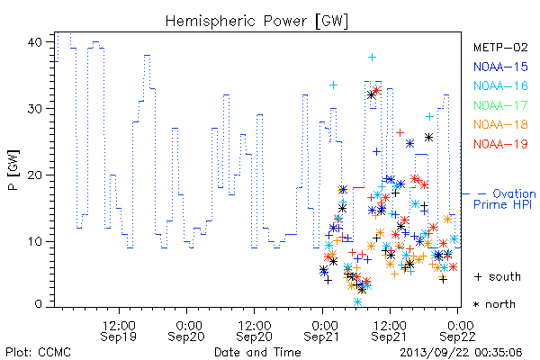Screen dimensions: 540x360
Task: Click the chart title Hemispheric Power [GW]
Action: tap(256, 22)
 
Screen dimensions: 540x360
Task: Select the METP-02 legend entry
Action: tap(500, 47)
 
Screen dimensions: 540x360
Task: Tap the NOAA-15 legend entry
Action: tap(500, 67)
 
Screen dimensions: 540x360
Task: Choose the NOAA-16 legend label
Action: tap(500, 85)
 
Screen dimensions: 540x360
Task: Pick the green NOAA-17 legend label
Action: tap(500, 105)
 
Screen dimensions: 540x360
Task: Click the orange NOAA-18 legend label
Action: tap(500, 124)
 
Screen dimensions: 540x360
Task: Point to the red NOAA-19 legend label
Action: tap(500, 144)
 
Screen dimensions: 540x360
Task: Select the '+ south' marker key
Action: tap(498, 276)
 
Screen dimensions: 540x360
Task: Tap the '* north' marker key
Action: tap(494, 304)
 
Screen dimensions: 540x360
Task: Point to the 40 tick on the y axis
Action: tap(34, 42)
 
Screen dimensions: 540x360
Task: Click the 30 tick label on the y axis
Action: tap(34, 109)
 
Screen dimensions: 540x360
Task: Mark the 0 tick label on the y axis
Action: tap(38, 304)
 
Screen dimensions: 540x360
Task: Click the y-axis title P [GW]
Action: tap(13, 170)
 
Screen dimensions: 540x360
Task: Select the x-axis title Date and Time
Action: tap(257, 352)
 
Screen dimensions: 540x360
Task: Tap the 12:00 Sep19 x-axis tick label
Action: tap(119, 331)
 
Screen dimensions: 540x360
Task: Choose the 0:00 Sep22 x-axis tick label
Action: tap(458, 331)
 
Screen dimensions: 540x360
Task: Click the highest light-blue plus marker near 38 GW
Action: tap(372, 58)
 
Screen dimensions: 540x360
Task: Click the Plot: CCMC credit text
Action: tap(38, 352)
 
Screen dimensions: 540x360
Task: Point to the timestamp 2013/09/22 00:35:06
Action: tap(461, 353)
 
